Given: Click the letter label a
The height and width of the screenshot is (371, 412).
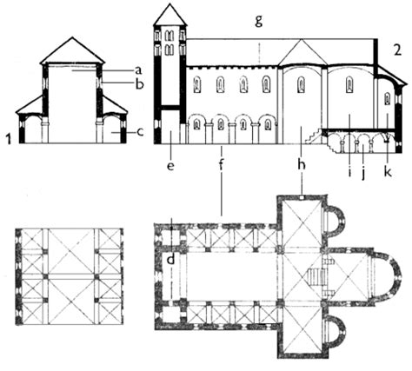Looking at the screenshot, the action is pos(138,70).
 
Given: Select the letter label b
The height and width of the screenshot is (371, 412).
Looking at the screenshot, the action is pos(140,84).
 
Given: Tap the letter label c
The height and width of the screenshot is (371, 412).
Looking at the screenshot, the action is pos(140,132).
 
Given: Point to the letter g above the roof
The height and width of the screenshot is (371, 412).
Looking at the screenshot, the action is pos(259,21).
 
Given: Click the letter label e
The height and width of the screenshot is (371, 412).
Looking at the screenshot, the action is pos(170,166).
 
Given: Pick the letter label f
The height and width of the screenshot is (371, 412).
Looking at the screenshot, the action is pos(222,165).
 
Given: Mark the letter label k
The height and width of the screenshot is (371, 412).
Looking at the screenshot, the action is pos(388,170).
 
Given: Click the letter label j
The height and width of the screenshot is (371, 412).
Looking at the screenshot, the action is pos(364,172).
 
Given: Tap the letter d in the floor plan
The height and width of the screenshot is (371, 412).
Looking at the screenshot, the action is pos(171,259).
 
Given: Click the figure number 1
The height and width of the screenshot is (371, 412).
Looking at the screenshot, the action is pos(9,139).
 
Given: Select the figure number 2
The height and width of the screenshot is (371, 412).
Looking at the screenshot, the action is pos(398,50).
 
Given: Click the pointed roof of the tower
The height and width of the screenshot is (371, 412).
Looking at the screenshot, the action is pos(169,15).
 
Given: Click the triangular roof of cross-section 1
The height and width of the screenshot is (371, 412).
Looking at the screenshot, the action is pos(72,50).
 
